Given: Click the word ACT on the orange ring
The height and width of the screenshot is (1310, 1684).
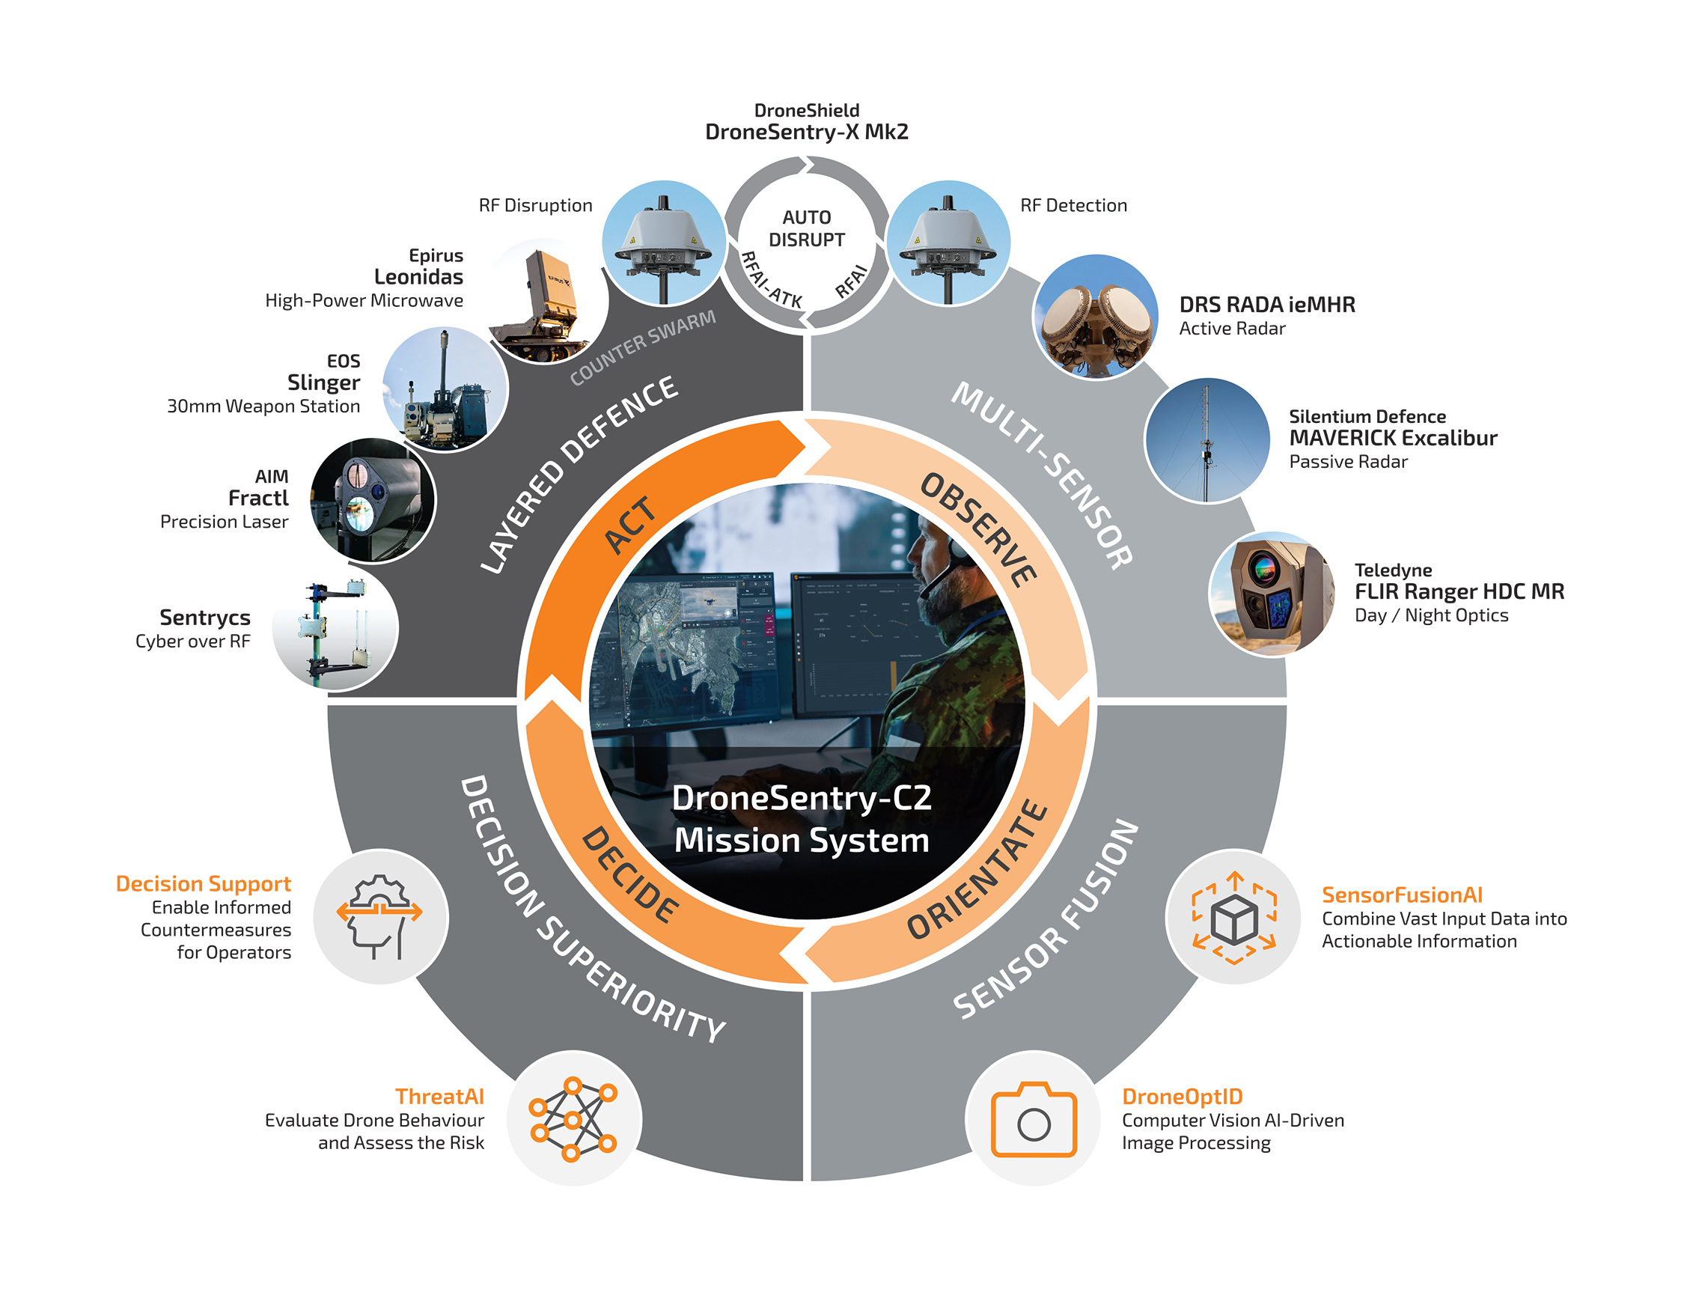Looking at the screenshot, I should pyautogui.click(x=630, y=525).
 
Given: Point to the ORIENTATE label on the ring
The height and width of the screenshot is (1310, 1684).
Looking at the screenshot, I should pyautogui.click(x=977, y=869).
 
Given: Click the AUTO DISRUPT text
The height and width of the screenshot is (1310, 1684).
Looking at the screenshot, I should pyautogui.click(x=807, y=228).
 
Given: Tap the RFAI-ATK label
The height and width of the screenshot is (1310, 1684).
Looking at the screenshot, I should pyautogui.click(x=771, y=279).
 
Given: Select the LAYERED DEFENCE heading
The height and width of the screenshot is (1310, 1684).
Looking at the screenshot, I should pyautogui.click(x=579, y=473).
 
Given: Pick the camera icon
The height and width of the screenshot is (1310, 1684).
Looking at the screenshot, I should pyautogui.click(x=1033, y=1119).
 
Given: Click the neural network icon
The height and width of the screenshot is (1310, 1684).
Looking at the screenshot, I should pyautogui.click(x=572, y=1119).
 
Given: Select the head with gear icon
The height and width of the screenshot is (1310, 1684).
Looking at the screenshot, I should pyautogui.click(x=379, y=917).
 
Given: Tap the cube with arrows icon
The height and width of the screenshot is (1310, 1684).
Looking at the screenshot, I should pyautogui.click(x=1233, y=917).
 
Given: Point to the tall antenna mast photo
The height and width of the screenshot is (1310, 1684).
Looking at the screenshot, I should pyautogui.click(x=1206, y=440).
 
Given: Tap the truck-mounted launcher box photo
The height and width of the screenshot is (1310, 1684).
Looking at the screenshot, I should pyautogui.click(x=544, y=302).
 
